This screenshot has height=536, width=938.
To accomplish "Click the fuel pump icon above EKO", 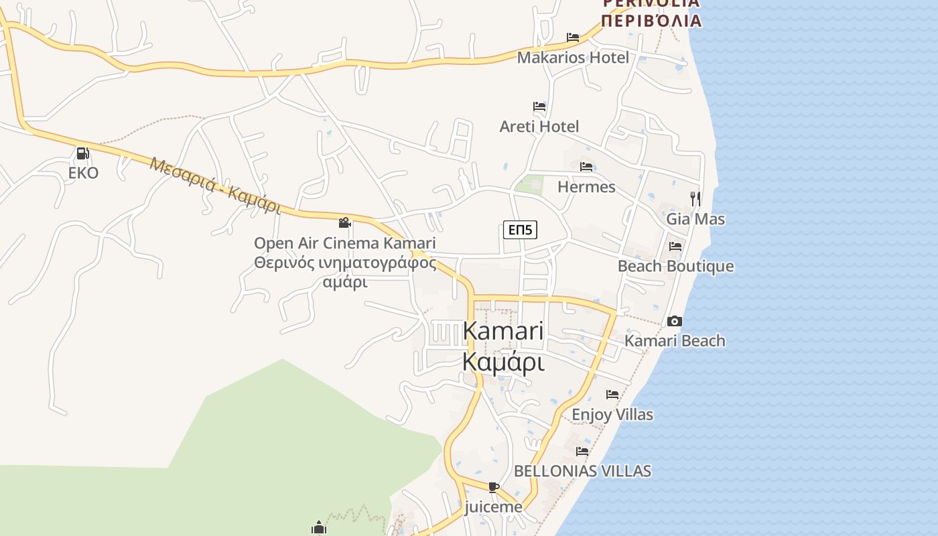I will click(82, 153).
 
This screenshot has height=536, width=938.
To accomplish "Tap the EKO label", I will click(83, 173).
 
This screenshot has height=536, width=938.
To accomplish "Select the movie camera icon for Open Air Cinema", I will click(345, 222).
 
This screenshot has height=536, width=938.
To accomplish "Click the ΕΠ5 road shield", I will click(520, 230).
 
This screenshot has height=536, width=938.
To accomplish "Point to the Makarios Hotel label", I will click(573, 58).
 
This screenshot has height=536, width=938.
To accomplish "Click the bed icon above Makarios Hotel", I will click(573, 38).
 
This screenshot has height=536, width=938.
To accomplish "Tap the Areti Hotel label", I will click(539, 126).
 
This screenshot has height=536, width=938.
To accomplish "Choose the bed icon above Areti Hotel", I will click(539, 107).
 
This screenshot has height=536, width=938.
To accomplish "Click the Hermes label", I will click(586, 186).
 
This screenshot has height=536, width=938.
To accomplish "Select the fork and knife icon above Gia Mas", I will click(695, 198).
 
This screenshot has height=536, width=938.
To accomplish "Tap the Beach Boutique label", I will click(675, 266).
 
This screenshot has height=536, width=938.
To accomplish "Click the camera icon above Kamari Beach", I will click(675, 322).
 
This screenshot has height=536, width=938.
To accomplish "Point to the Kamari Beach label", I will click(675, 340).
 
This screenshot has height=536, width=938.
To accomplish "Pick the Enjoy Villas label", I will click(612, 414).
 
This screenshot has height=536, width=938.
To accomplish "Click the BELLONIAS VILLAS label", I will click(582, 471).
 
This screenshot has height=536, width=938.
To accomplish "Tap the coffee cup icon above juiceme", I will click(494, 487).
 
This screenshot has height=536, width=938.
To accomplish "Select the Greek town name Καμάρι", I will click(503, 362).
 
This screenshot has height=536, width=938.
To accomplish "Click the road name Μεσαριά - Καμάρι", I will click(214, 186).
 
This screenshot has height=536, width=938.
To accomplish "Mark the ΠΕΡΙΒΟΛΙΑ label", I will click(651, 21).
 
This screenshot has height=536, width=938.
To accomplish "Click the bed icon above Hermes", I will click(586, 167).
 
